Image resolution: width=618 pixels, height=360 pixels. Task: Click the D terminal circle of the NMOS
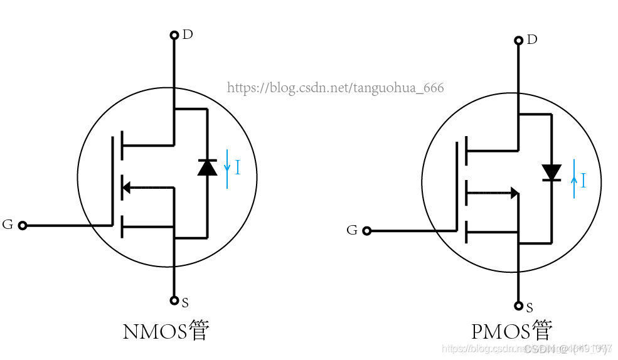click(174, 35)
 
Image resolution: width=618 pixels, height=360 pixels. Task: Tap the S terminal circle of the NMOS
click(174, 300)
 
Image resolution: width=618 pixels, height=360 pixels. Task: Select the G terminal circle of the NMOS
click(23, 225)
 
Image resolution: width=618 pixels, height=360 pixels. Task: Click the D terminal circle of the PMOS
click(519, 41)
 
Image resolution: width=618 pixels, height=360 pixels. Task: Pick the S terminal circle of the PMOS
click(519, 306)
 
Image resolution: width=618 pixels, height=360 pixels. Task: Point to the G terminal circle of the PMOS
click(367, 231)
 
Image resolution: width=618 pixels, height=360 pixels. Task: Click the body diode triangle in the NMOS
click(207, 167)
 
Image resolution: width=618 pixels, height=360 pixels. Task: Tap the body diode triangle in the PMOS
click(551, 172)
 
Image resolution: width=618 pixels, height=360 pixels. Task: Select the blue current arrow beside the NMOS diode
click(227, 168)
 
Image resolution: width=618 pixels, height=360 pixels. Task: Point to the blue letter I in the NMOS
click(238, 167)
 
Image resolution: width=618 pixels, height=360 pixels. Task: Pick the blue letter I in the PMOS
click(583, 181)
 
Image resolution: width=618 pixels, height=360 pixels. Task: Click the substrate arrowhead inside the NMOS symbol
click(125, 187)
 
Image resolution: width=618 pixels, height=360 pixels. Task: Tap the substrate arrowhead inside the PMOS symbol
click(514, 193)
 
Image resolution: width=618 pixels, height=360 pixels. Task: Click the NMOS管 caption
click(166, 331)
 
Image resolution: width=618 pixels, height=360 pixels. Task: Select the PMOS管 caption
click(512, 331)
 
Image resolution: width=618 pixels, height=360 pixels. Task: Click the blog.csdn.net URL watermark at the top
click(335, 88)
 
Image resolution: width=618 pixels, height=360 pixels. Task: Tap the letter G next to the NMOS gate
click(8, 225)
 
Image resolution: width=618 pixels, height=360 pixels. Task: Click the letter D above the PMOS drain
click(532, 40)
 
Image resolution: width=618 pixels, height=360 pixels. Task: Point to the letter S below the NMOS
click(185, 304)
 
